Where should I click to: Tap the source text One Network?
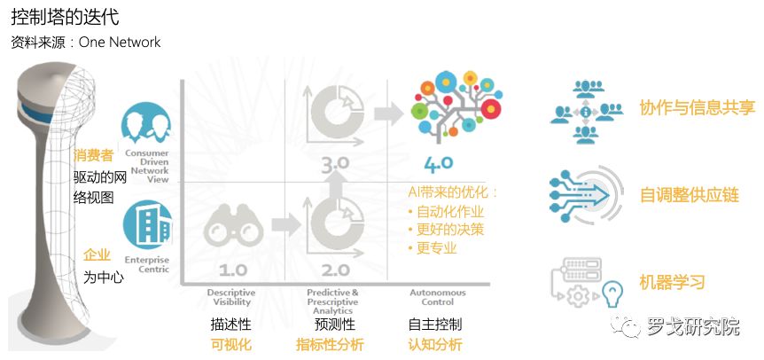(120, 42)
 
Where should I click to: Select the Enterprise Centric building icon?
(146, 223)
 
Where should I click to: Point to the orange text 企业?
(96, 254)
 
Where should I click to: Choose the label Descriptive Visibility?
(231, 296)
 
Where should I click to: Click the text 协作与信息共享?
(697, 107)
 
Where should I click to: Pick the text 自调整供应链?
(689, 194)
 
